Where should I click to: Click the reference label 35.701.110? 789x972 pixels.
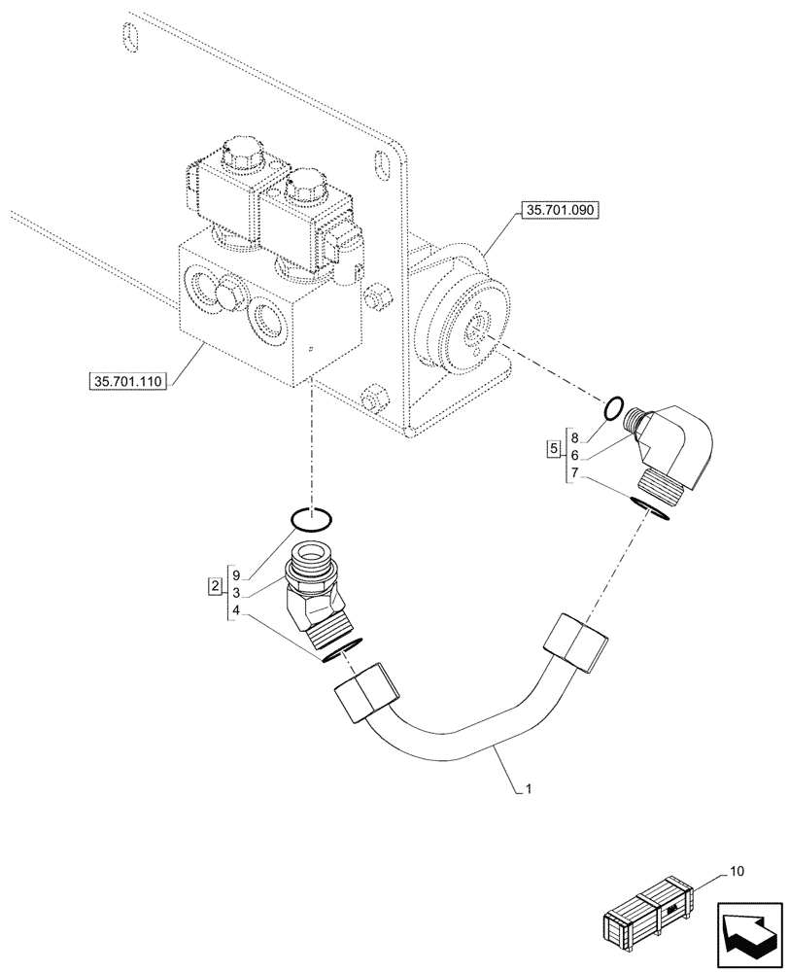click(x=127, y=382)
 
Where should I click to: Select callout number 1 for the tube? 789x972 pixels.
click(x=528, y=791)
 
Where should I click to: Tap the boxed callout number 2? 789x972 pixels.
click(x=212, y=587)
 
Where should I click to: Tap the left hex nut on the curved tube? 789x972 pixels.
click(x=365, y=694)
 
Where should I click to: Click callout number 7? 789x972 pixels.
click(x=574, y=471)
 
